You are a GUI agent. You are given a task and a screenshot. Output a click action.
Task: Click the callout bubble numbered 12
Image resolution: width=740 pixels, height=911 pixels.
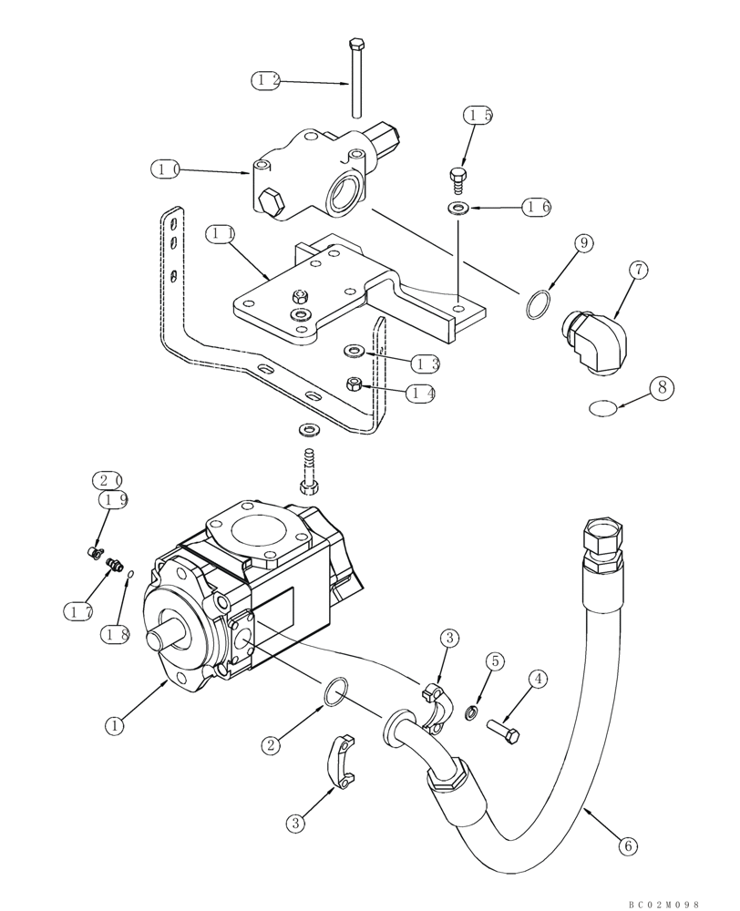click(x=266, y=80)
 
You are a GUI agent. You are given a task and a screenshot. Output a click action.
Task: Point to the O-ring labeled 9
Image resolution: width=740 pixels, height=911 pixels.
click(x=539, y=305)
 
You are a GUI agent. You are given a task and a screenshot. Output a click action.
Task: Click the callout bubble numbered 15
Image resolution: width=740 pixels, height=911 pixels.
click(x=478, y=116)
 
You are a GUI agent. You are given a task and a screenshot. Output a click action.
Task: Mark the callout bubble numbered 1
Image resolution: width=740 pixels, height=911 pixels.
click(x=114, y=726)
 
